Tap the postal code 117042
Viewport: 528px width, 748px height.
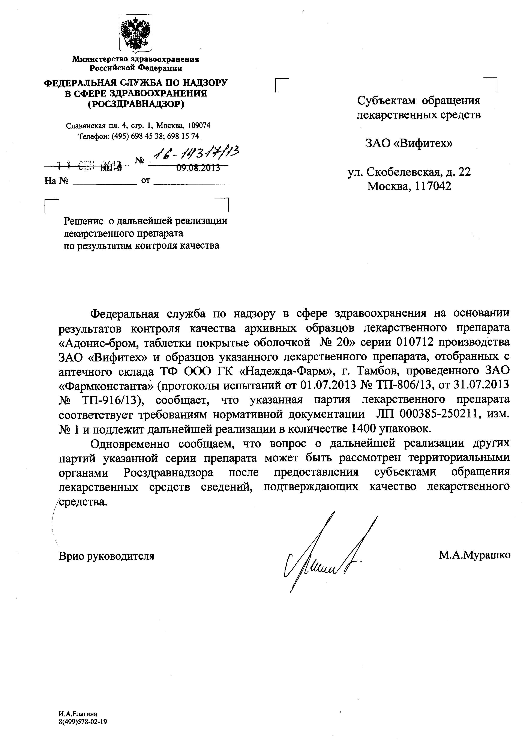pyautogui.click(x=433, y=186)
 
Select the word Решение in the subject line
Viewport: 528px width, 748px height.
pyautogui.click(x=83, y=221)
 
